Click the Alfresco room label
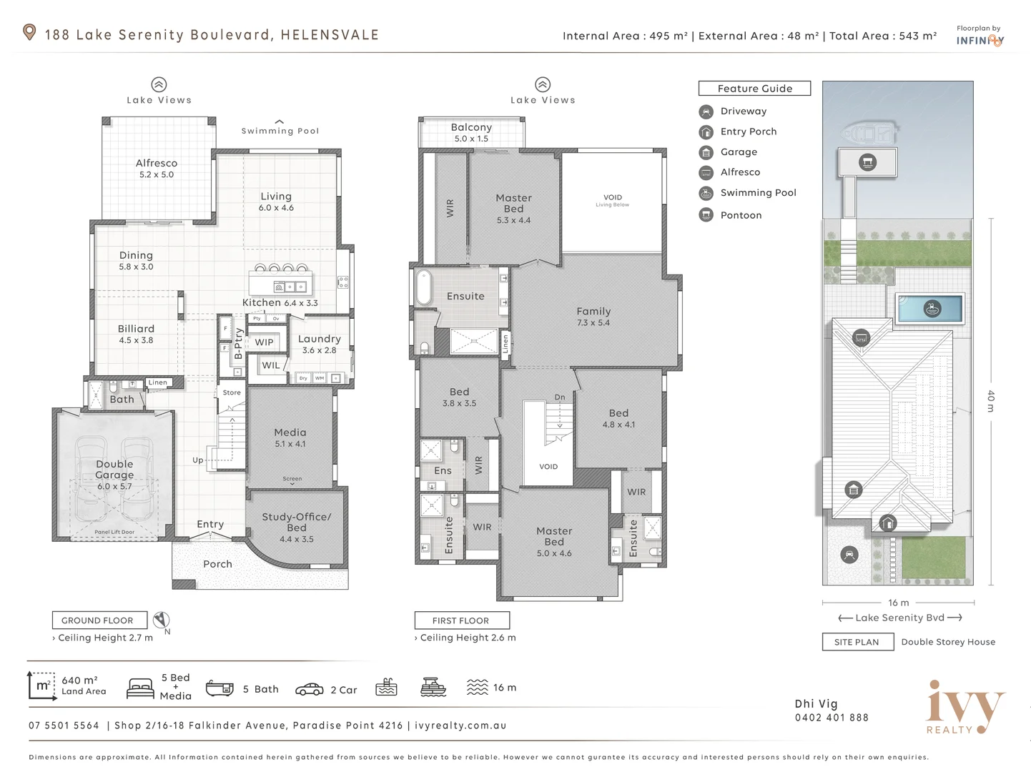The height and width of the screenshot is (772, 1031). [x=157, y=164]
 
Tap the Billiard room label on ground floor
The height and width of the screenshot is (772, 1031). [x=136, y=330]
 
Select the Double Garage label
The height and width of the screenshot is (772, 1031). [x=114, y=470]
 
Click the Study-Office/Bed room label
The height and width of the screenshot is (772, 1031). [x=296, y=522]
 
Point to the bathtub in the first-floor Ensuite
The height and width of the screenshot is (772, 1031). [x=423, y=288]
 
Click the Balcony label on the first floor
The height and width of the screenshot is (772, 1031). [x=471, y=127]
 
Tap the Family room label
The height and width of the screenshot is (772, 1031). [x=593, y=312]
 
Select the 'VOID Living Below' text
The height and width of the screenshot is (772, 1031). [x=613, y=200]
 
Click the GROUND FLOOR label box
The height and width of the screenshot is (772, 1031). [x=99, y=620]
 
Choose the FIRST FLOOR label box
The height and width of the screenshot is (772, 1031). [x=461, y=620]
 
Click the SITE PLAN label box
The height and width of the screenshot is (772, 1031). [x=857, y=642]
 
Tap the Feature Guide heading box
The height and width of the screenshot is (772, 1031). [x=754, y=89]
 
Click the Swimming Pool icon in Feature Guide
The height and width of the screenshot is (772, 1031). [x=706, y=193]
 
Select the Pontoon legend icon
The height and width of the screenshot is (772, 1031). [x=706, y=215]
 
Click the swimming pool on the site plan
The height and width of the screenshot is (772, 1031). [x=930, y=309]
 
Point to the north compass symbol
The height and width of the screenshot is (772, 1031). [x=162, y=620]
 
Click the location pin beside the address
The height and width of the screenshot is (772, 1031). [x=29, y=32]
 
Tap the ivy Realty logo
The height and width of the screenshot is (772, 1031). [x=965, y=708]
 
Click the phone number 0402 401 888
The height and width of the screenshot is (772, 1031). [x=832, y=718]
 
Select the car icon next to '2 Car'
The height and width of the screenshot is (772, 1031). [x=309, y=689]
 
